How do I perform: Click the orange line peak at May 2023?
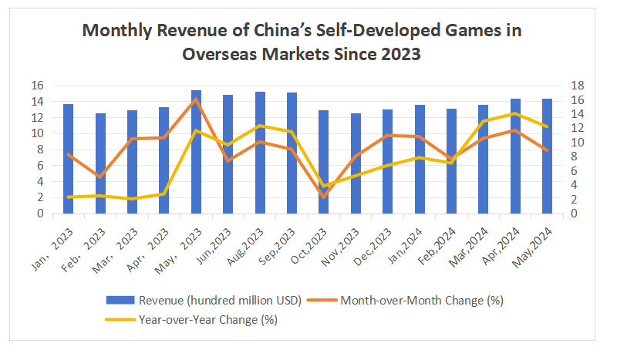(x=196, y=99)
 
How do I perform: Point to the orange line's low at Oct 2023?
(x=324, y=197)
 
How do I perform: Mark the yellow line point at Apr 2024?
(x=516, y=114)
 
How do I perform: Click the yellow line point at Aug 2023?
(x=261, y=126)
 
